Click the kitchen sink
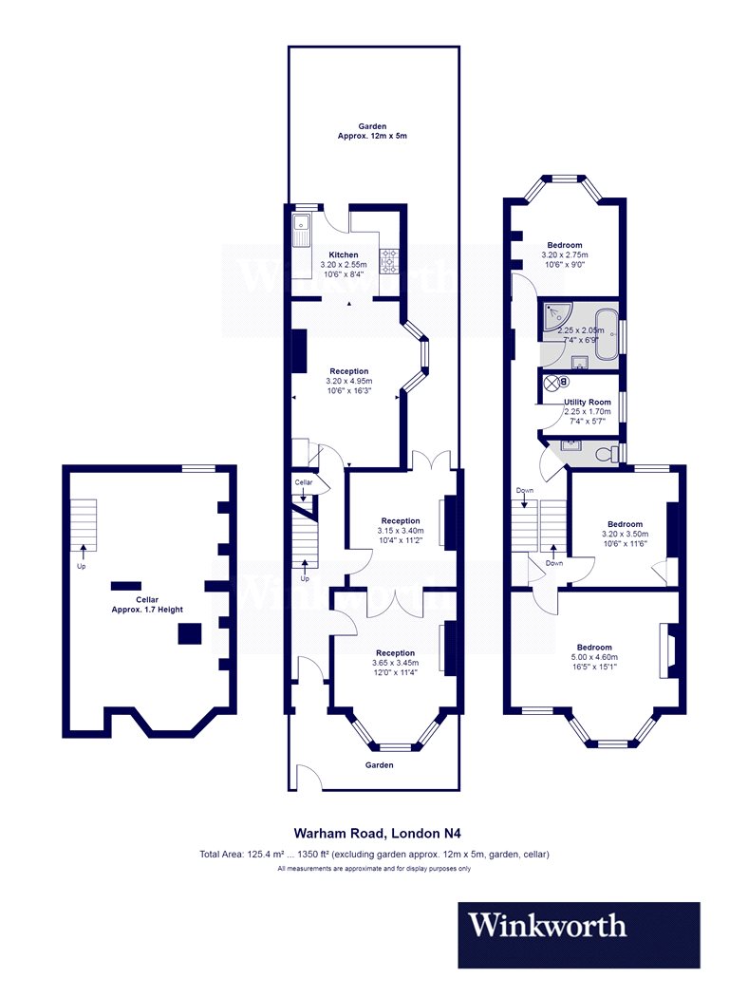pos(300,230)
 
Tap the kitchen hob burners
pos(389,261)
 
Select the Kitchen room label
pos(344,255)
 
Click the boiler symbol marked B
pos(564,382)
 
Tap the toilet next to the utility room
pos(608,453)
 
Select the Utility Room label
pos(588,402)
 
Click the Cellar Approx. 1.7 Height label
pos(147,605)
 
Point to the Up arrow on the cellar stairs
pos(83,552)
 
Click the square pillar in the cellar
pos(190,633)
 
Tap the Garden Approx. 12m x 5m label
pos(372,131)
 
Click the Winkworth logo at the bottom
pos(579,934)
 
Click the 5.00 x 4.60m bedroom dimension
pos(594,657)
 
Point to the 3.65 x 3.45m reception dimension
pos(395,663)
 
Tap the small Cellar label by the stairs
pos(304,482)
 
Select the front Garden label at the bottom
pos(379,765)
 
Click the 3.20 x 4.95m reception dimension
pos(349,381)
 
